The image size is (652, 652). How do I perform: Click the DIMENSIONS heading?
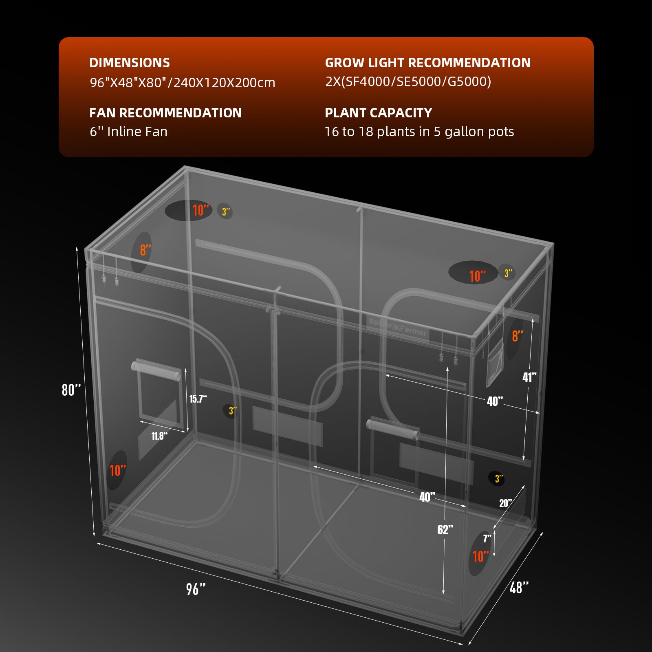pyautogui.click(x=129, y=63)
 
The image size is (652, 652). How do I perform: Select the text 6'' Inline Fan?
pyautogui.click(x=128, y=132)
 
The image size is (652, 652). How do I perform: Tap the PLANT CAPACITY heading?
pyautogui.click(x=378, y=113)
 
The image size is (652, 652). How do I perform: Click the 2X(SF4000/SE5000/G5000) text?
pyautogui.click(x=408, y=81)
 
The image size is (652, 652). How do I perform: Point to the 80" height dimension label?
pyautogui.click(x=71, y=390)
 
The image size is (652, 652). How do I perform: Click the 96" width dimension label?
pyautogui.click(x=196, y=589)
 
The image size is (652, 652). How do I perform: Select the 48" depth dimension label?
pyautogui.click(x=519, y=587)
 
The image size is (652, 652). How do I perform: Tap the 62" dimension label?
pyautogui.click(x=445, y=529)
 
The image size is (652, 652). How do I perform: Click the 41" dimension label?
pyautogui.click(x=529, y=377)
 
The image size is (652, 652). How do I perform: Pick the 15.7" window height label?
pyautogui.click(x=198, y=399)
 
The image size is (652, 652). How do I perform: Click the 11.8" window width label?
pyautogui.click(x=159, y=436)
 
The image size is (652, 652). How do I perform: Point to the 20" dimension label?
pyautogui.click(x=505, y=503)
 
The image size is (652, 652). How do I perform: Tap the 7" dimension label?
pyautogui.click(x=487, y=539)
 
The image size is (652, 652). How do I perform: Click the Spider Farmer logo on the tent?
pyautogui.click(x=398, y=327)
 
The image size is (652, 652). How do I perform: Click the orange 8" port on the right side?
pyautogui.click(x=517, y=336)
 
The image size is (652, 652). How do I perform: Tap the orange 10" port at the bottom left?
pyautogui.click(x=117, y=471)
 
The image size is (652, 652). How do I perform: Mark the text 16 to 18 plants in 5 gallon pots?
pyautogui.click(x=419, y=132)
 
